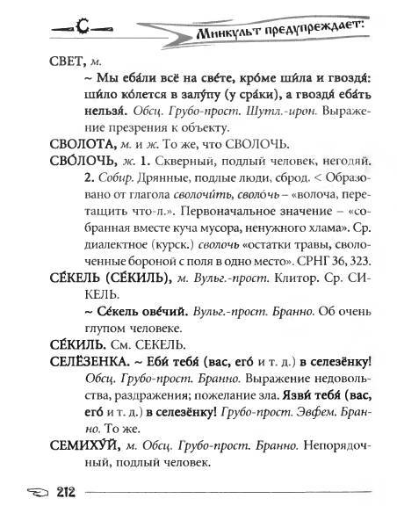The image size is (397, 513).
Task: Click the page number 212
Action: pos(47,490)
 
